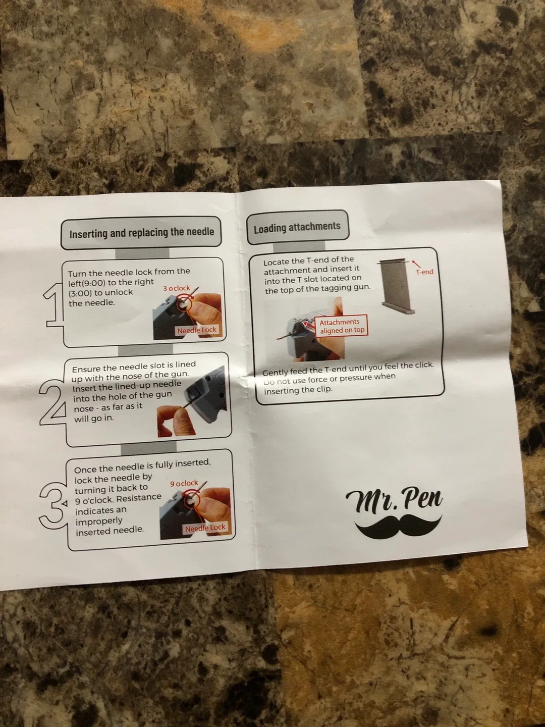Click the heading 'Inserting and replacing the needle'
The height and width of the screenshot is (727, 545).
pyautogui.click(x=141, y=233)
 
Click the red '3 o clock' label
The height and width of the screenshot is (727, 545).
pyautogui.click(x=177, y=288)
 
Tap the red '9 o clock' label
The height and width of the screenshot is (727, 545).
pyautogui.click(x=184, y=483)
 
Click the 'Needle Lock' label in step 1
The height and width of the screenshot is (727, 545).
pyautogui.click(x=197, y=330)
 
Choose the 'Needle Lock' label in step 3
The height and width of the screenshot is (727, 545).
pyautogui.click(x=205, y=528)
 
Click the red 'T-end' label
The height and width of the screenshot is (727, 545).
pyautogui.click(x=424, y=272)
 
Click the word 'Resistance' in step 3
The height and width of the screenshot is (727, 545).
pyautogui.click(x=139, y=498)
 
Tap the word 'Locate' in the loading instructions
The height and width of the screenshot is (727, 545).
pyautogui.click(x=276, y=262)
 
